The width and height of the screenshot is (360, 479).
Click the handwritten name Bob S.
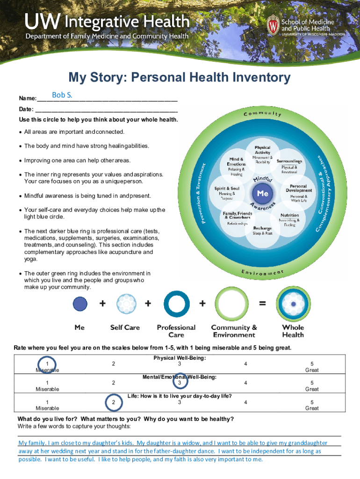[62, 95]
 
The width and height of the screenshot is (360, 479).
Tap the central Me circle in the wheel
[262, 193]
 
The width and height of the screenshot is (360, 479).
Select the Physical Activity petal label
[262, 151]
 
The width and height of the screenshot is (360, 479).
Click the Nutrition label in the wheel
[289, 216]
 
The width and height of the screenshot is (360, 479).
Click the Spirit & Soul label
[227, 189]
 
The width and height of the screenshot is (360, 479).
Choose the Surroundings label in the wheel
[289, 161]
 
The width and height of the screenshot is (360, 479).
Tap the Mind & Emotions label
[236, 162]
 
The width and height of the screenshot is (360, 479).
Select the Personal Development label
[298, 189]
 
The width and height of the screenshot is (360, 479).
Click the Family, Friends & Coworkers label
[238, 216]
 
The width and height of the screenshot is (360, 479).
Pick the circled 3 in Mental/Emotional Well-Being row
[179, 383]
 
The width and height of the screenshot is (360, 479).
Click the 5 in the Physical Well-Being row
[312, 364]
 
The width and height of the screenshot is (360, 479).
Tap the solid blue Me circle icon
[80, 304]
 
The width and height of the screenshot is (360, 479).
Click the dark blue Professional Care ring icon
[176, 304]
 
